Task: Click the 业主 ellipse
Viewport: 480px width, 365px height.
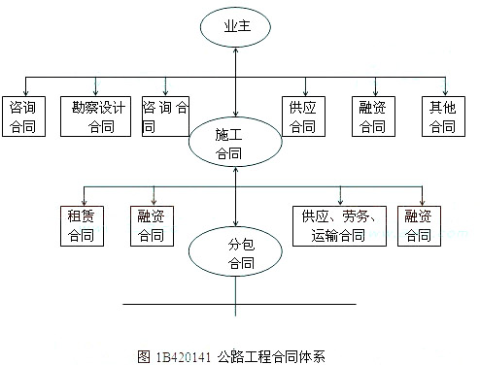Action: (x=234, y=29)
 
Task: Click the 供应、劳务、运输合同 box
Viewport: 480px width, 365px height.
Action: (x=340, y=225)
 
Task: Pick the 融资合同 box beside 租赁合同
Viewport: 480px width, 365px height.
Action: (x=152, y=225)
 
